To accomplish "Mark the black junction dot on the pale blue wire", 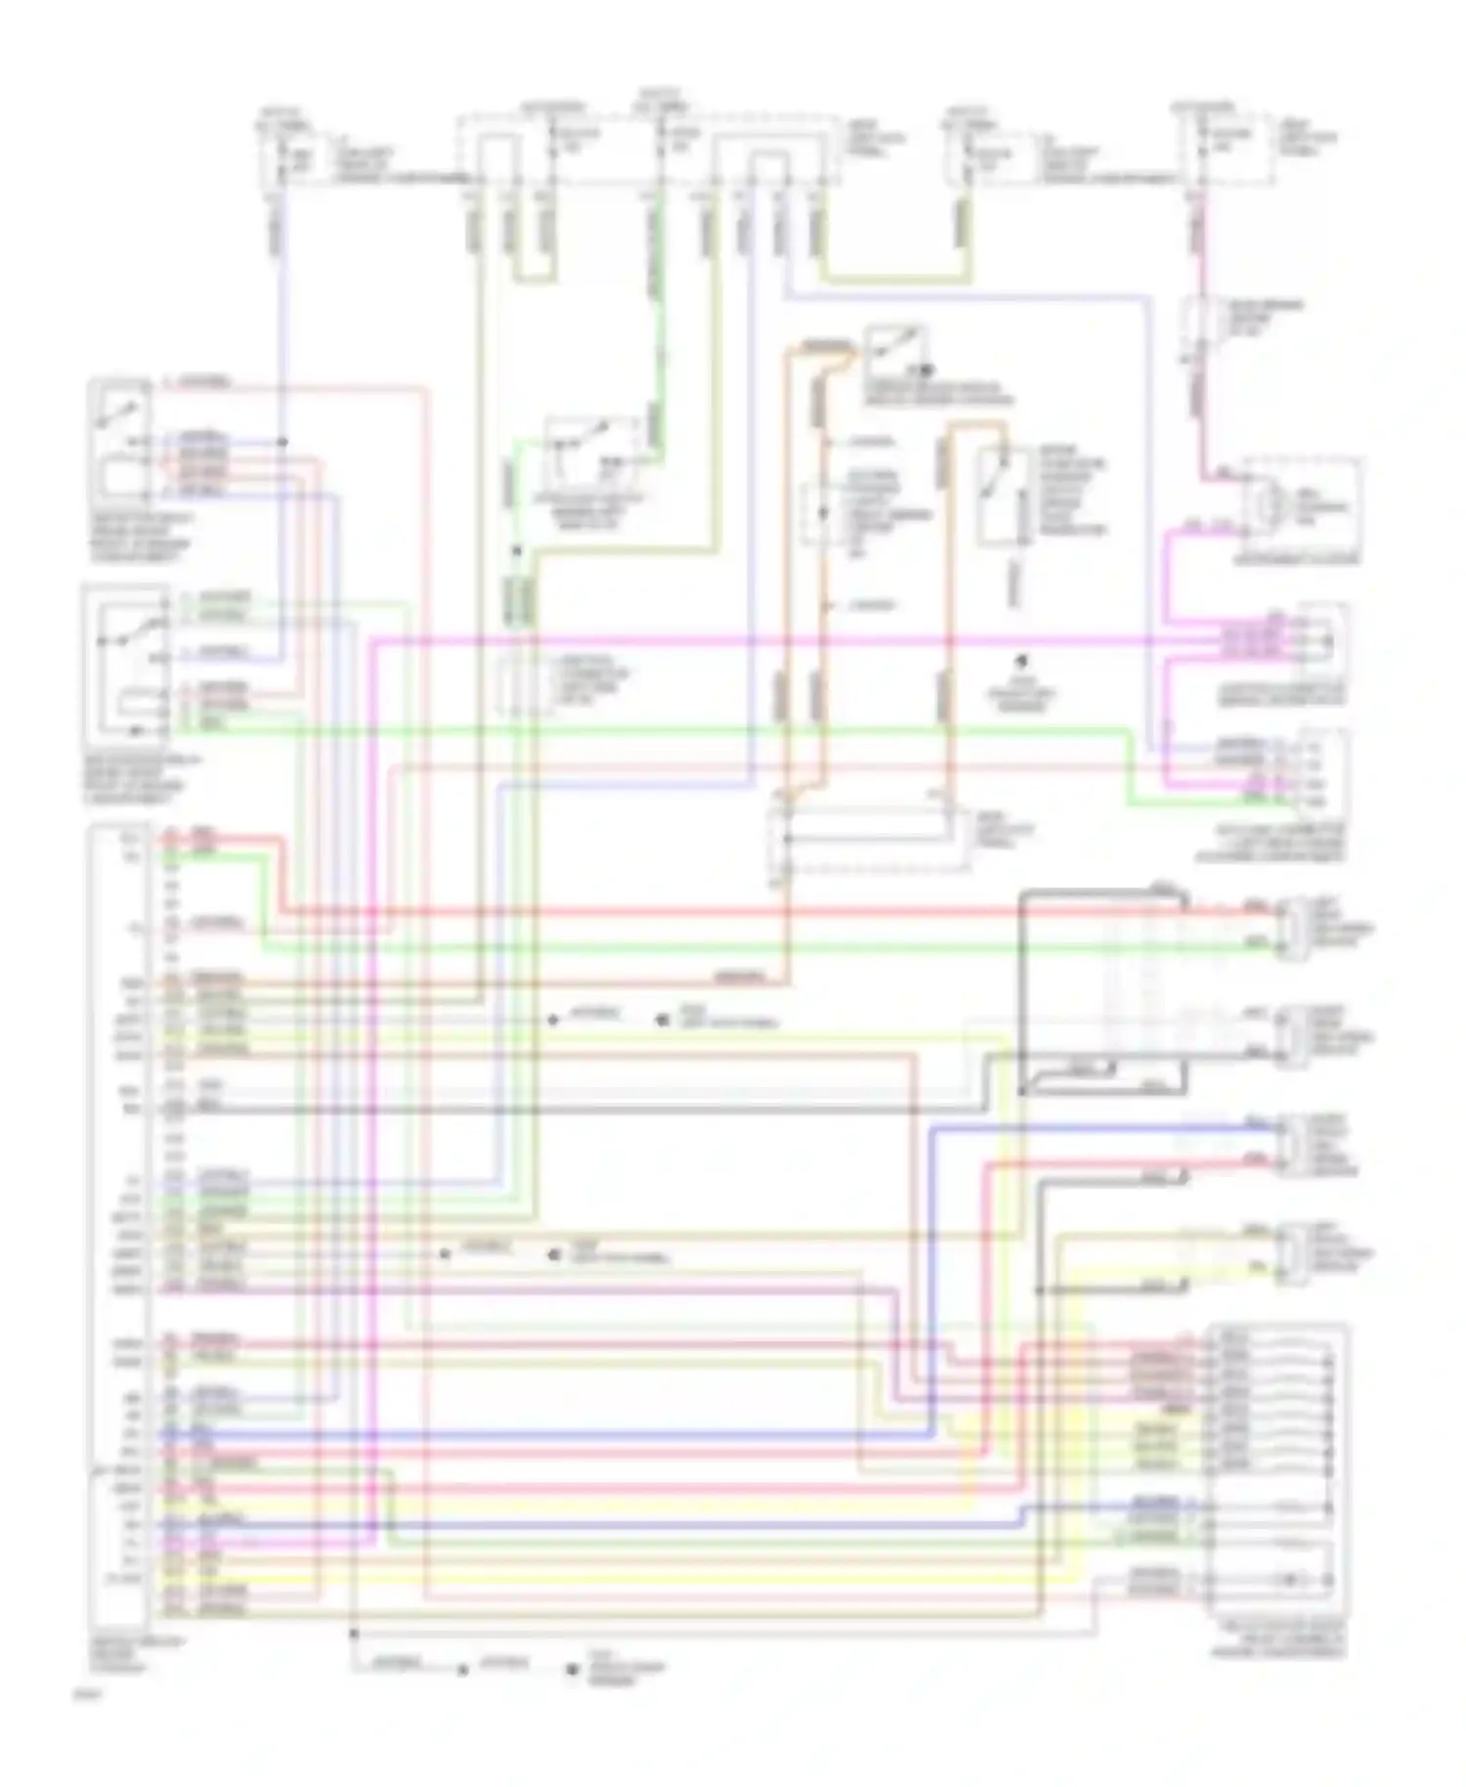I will (281, 442).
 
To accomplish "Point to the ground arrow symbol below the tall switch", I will (1022, 662).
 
